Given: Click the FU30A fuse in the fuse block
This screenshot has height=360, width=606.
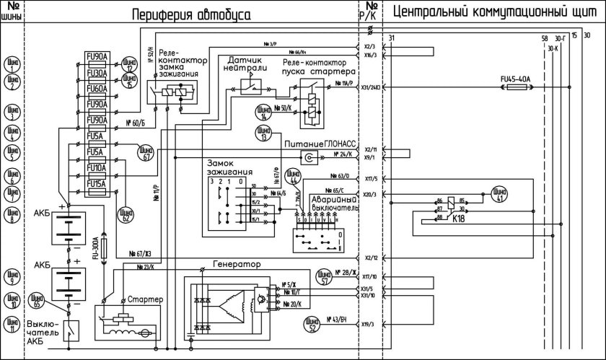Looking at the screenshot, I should pyautogui.click(x=97, y=73).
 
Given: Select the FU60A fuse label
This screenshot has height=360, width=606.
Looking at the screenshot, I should pyautogui.click(x=97, y=89).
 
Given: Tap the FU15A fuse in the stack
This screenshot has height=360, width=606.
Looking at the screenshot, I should pyautogui.click(x=97, y=184).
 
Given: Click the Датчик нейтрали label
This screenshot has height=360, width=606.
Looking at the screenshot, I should pyautogui.click(x=249, y=66).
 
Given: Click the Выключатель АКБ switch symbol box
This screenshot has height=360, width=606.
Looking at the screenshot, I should pyautogui.click(x=69, y=330).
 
